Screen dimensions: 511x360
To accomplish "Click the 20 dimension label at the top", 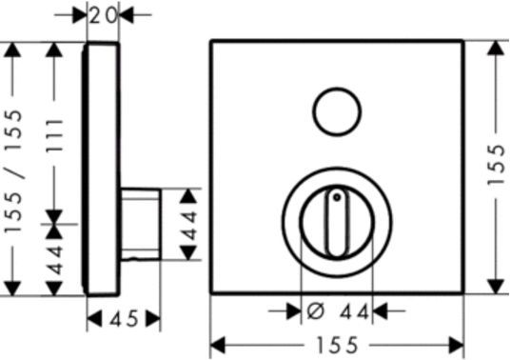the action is coord(103,15).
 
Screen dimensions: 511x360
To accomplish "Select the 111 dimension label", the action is coord(54,136).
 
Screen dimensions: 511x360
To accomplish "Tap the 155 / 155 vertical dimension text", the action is coord(13,171).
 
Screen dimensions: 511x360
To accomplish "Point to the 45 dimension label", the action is coord(124,319).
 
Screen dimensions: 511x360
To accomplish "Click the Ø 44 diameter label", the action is coord(338,311).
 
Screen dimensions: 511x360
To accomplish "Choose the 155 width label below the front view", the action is coord(337,346).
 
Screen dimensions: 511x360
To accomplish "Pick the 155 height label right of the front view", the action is coord(497,165).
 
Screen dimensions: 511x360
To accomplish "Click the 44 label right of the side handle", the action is coord(189,226).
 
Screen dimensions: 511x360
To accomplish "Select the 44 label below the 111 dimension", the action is coord(54,259).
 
